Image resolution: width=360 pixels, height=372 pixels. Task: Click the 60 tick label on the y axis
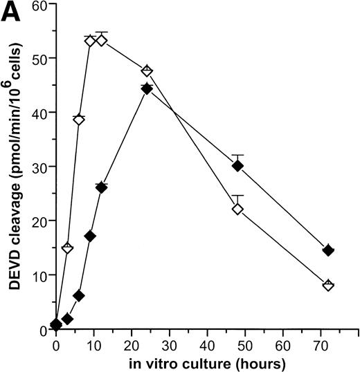[x=40, y=6]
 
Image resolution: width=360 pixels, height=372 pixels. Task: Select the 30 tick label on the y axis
[x=40, y=167]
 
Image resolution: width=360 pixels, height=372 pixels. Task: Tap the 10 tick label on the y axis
[x=40, y=275]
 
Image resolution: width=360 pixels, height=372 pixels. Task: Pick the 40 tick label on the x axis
[x=207, y=343]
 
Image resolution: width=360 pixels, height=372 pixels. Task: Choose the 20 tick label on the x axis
[x=132, y=343]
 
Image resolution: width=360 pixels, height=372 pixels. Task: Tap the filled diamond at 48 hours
[x=237, y=166]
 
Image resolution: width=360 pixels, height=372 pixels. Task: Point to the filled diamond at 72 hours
[x=328, y=250]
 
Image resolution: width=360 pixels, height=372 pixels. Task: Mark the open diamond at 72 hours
[x=328, y=285]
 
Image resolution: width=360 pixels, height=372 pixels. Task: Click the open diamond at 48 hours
[x=237, y=209]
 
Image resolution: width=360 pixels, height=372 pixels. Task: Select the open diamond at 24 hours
[x=147, y=72]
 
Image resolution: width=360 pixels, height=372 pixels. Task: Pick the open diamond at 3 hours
[x=67, y=248]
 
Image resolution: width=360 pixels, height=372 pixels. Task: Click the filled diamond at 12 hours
[x=101, y=187]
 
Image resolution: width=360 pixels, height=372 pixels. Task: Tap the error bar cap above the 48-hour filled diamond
[x=237, y=155]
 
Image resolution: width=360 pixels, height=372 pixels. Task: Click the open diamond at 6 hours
[x=79, y=120]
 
